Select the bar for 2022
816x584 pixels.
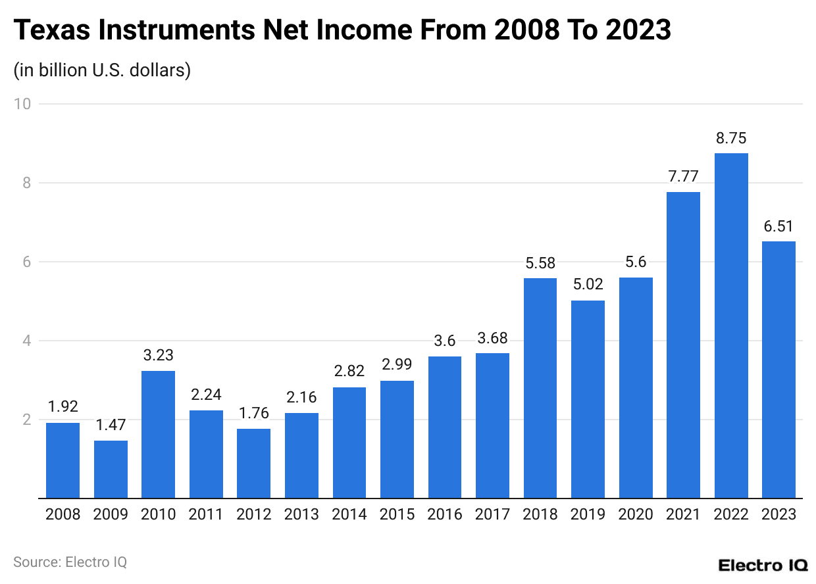pos(731,326)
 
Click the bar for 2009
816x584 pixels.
pos(111,470)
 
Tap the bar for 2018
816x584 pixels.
pos(540,388)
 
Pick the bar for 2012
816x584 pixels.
pos(253,464)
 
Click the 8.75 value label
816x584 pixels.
pos(731,139)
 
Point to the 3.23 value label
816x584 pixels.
pos(159,356)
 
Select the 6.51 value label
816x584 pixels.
pos(778,227)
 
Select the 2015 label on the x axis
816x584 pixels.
pos(397,514)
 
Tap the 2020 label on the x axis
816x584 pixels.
pos(636,514)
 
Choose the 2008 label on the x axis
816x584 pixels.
pos(63,514)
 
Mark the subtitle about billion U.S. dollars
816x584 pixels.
pos(102,70)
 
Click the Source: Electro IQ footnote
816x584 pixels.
pos(70,562)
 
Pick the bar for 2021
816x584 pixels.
pos(683,345)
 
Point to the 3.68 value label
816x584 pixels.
pos(492,339)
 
